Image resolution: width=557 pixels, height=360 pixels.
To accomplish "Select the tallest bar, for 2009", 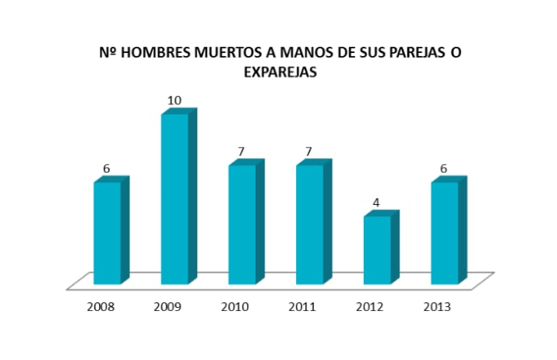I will [x=175, y=199].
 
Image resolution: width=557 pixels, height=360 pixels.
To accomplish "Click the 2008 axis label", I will [x=101, y=307].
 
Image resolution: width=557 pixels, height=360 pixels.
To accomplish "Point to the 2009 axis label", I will [x=168, y=307].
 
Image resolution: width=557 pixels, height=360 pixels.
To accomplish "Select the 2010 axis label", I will [x=235, y=307].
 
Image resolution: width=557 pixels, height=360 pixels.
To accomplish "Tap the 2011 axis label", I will [x=303, y=307].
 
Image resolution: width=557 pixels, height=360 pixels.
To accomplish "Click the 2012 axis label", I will [x=370, y=307].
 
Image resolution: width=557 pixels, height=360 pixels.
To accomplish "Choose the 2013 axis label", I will [x=437, y=307].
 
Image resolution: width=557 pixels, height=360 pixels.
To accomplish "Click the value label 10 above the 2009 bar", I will [x=175, y=101].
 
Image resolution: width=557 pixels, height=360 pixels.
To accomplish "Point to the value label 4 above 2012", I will [x=376, y=203].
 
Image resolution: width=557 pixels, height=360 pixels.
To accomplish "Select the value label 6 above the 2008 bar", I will [x=107, y=168].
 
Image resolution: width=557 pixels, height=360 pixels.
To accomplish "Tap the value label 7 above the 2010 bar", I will [x=241, y=151].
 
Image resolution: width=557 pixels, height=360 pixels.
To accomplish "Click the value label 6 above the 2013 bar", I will [x=443, y=168].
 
